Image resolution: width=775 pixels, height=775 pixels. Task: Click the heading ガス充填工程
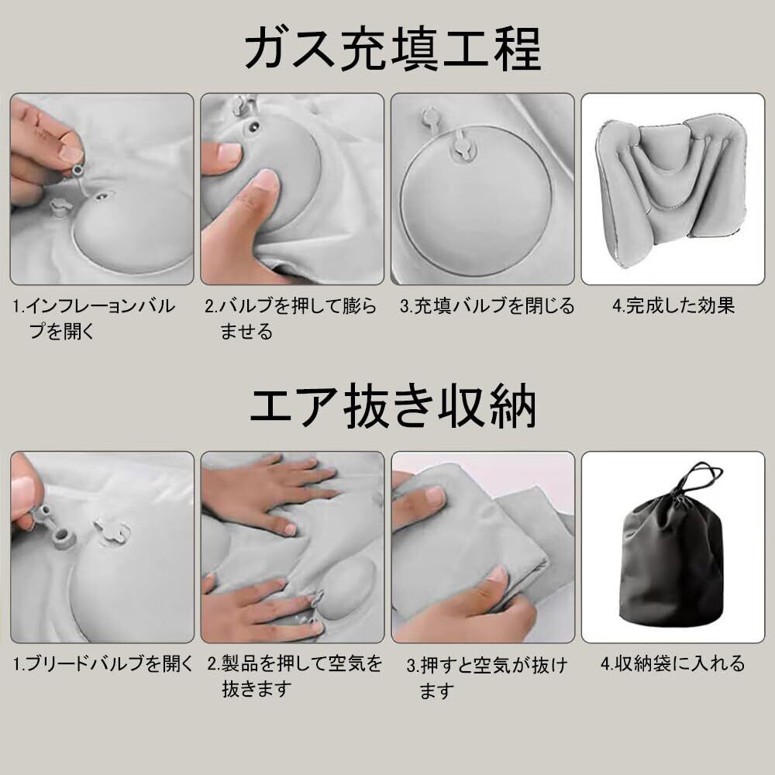tap(393, 48)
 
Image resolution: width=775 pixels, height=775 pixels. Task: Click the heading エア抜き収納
tap(393, 406)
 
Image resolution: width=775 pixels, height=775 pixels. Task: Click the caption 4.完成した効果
tap(673, 306)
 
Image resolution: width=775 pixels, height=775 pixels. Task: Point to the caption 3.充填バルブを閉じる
tap(487, 306)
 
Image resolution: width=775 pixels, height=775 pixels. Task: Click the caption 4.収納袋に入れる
tap(673, 663)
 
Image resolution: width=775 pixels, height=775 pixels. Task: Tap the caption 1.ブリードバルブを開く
tap(103, 663)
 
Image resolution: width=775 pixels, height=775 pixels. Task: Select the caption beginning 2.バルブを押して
tap(291, 319)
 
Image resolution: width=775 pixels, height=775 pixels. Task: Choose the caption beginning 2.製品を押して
tap(294, 676)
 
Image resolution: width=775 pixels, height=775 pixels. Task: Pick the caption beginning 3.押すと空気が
tap(487, 677)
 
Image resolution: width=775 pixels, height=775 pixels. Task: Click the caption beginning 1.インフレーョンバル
tap(94, 319)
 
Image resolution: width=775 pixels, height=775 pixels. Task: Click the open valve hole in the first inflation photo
tap(102, 196)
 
